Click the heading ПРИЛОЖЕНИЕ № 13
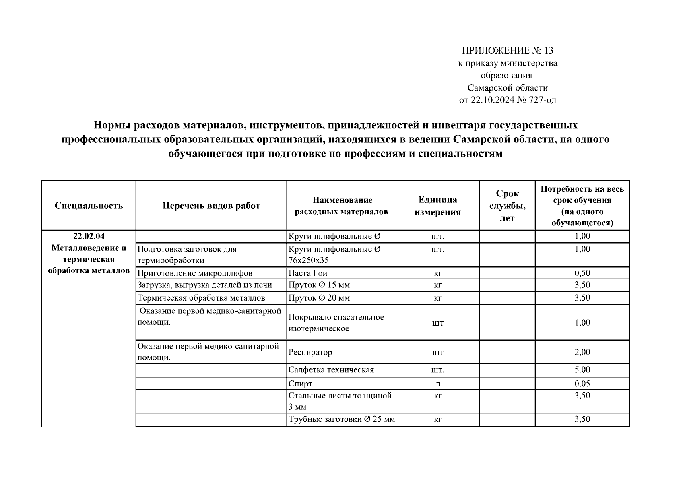pyautogui.click(x=507, y=51)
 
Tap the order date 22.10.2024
pyautogui.click(x=492, y=100)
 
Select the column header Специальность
pyautogui.click(x=89, y=206)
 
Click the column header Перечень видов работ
pyautogui.click(x=211, y=206)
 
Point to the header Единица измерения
pyautogui.click(x=437, y=206)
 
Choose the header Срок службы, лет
pyautogui.click(x=507, y=206)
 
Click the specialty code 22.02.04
pyautogui.click(x=89, y=236)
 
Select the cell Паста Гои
pyautogui.click(x=308, y=273)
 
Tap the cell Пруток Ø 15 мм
pyautogui.click(x=319, y=285)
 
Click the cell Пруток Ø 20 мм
pyautogui.click(x=319, y=298)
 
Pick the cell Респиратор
pyautogui.click(x=310, y=352)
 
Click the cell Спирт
pyautogui.click(x=300, y=384)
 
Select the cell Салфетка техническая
pyautogui.click(x=331, y=370)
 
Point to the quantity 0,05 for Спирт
pyautogui.click(x=582, y=384)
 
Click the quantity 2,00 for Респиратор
pyautogui.click(x=582, y=352)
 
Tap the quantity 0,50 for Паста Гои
pyautogui.click(x=582, y=273)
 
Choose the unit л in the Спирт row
pyautogui.click(x=437, y=384)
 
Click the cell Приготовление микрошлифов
pyautogui.click(x=195, y=273)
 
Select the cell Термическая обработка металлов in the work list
pyautogui.click(x=201, y=298)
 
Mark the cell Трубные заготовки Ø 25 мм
pyautogui.click(x=341, y=419)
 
